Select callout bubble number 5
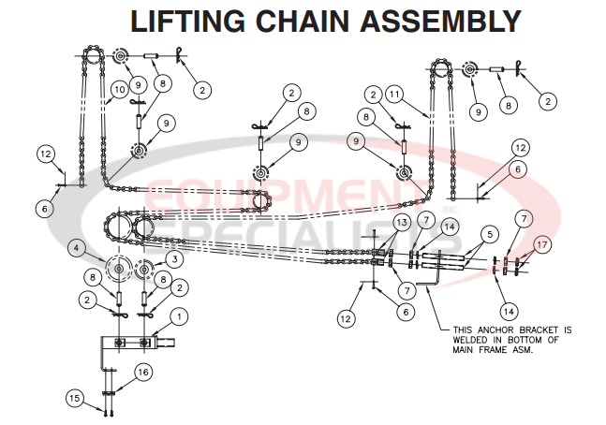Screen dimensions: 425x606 [x=488, y=232]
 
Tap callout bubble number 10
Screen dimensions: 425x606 [x=118, y=90]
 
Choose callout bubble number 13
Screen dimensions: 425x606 [x=402, y=221]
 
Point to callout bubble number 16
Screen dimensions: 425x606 [x=142, y=372]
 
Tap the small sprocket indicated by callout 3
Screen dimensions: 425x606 [x=144, y=271]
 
